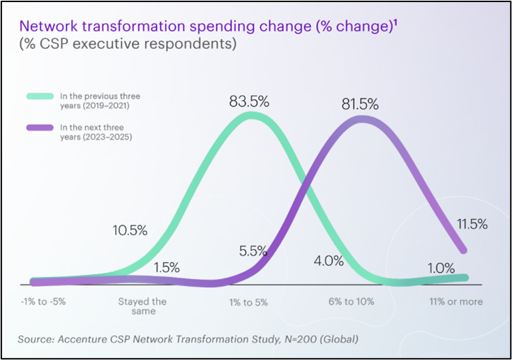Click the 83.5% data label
[249, 100]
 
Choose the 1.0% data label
[441, 268]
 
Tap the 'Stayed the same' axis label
[142, 306]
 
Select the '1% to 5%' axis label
[248, 302]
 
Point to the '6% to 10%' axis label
[352, 302]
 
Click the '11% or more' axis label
[455, 302]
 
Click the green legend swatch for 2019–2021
[40, 96]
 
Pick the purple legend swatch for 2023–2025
[40, 127]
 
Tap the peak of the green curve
[254, 117]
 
